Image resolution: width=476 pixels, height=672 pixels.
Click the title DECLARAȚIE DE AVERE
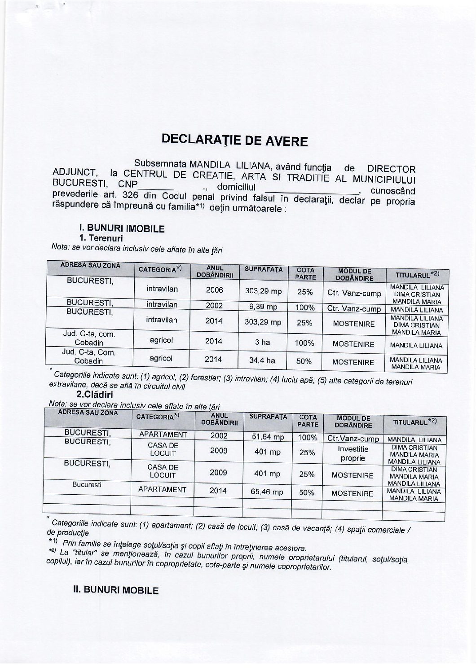[235, 141]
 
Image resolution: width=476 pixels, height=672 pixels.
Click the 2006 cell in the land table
[214, 290]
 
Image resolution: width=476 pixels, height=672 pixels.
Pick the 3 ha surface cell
[262, 343]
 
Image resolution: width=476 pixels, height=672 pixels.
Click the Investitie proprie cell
[353, 453]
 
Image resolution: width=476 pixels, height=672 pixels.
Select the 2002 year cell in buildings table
[219, 436]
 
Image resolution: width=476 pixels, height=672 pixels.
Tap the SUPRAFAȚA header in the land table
[264, 269]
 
